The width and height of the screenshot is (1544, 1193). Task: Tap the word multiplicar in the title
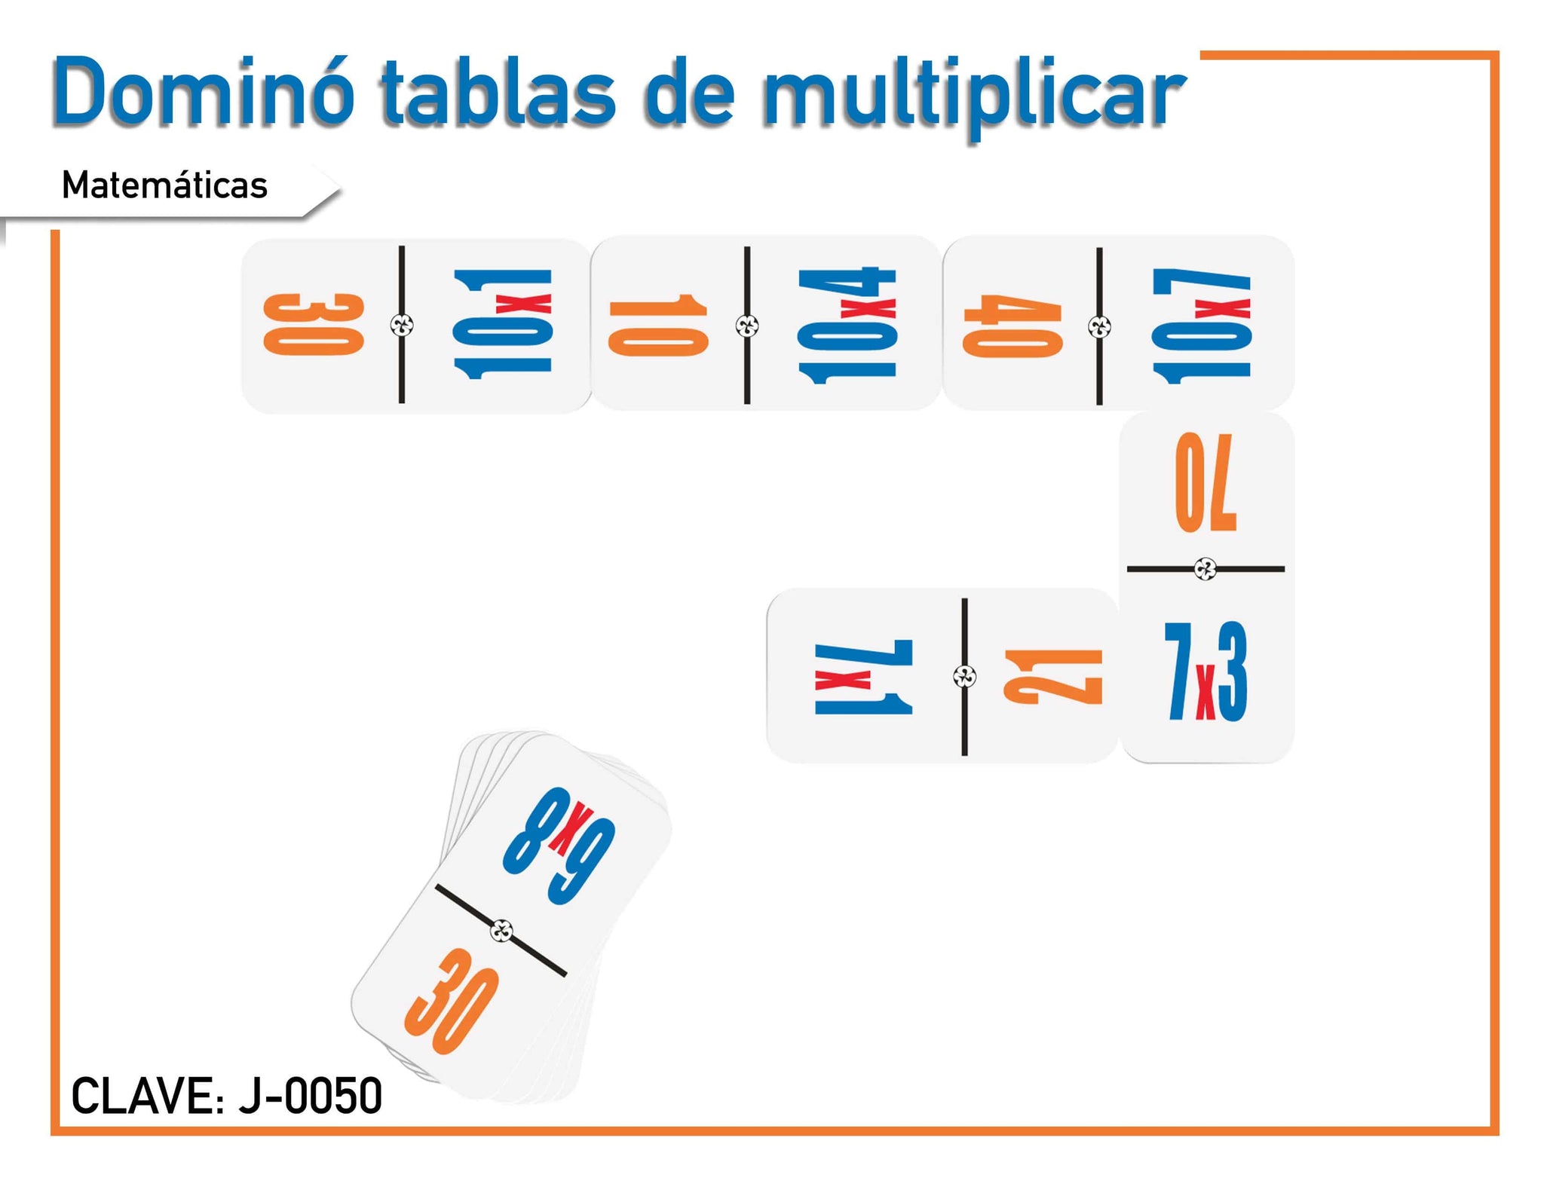click(973, 96)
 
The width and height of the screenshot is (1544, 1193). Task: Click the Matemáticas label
click(164, 185)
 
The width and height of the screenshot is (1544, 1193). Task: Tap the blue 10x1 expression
click(503, 323)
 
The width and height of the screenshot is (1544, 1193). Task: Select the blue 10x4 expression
click(847, 325)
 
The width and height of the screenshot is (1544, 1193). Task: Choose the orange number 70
click(1205, 482)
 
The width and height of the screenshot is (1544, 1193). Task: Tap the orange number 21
click(1052, 676)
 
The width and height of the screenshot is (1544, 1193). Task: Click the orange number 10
click(658, 326)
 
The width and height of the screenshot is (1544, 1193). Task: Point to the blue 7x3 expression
click(1205, 671)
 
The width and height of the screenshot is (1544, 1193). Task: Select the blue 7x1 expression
click(864, 676)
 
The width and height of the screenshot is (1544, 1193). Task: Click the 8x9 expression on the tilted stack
click(560, 843)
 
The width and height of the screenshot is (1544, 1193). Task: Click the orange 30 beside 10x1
click(314, 324)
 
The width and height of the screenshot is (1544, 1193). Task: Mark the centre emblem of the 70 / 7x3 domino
click(1205, 569)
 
